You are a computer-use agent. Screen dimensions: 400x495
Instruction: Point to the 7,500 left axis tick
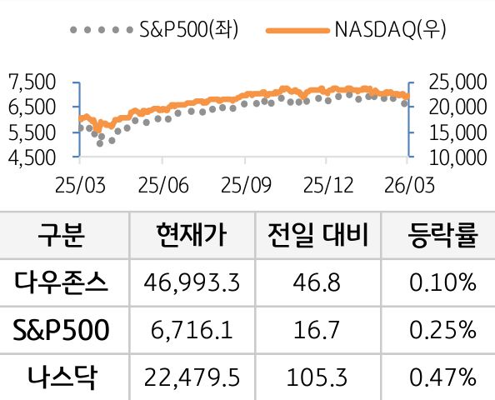coord(31,82)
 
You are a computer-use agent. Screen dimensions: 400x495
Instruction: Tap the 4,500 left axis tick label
coord(31,156)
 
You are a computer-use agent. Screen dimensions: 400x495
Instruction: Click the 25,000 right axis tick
coord(457,82)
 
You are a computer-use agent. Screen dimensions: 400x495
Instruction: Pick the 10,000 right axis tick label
coord(457,156)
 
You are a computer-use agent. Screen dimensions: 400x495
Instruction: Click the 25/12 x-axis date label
coord(325,182)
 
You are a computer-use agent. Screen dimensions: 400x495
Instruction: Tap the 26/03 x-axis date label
coord(406,182)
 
